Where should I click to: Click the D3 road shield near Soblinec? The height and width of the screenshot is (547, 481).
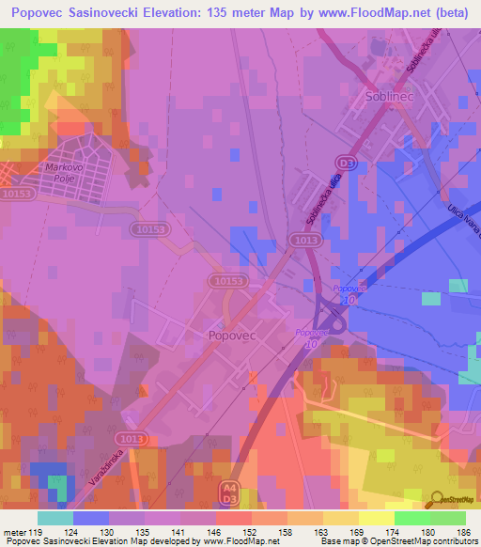pyautogui.click(x=349, y=163)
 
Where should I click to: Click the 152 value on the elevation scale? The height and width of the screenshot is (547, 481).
pyautogui.click(x=252, y=531)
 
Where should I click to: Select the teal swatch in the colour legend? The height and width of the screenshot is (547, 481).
pyautogui.click(x=54, y=518)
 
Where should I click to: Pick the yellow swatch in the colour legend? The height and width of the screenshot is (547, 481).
pyautogui.click(x=376, y=518)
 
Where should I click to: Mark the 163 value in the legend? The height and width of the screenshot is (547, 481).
pyautogui.click(x=323, y=531)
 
